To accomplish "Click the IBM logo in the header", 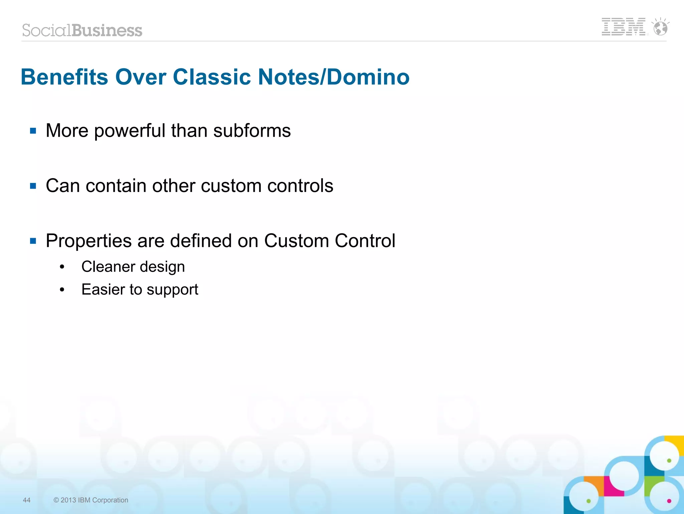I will [x=623, y=27].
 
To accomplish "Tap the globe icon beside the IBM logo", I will [x=661, y=28].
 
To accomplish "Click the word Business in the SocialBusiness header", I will [x=107, y=30].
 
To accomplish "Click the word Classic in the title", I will [x=212, y=77].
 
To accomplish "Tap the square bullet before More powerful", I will [x=33, y=131].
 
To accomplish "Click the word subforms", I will [x=252, y=130].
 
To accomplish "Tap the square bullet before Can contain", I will [x=33, y=186].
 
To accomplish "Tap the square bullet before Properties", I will [x=33, y=241].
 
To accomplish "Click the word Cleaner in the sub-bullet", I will [x=108, y=267].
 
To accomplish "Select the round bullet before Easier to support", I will [x=62, y=290].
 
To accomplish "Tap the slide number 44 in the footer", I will [x=27, y=500].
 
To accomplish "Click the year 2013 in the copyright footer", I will [x=68, y=500].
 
